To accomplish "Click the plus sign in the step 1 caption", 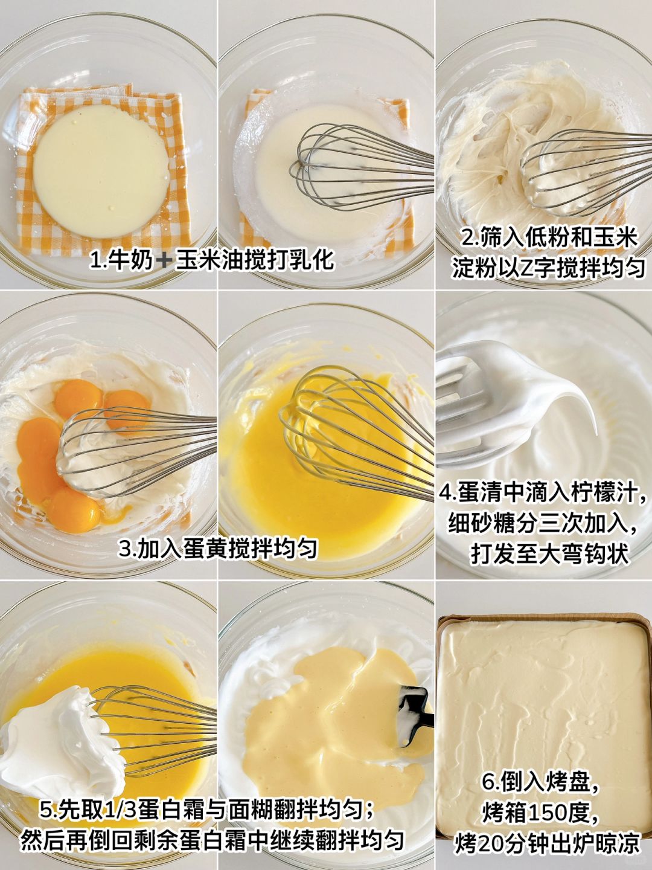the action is click(x=164, y=262).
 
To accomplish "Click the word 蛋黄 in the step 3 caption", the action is click(x=205, y=549).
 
